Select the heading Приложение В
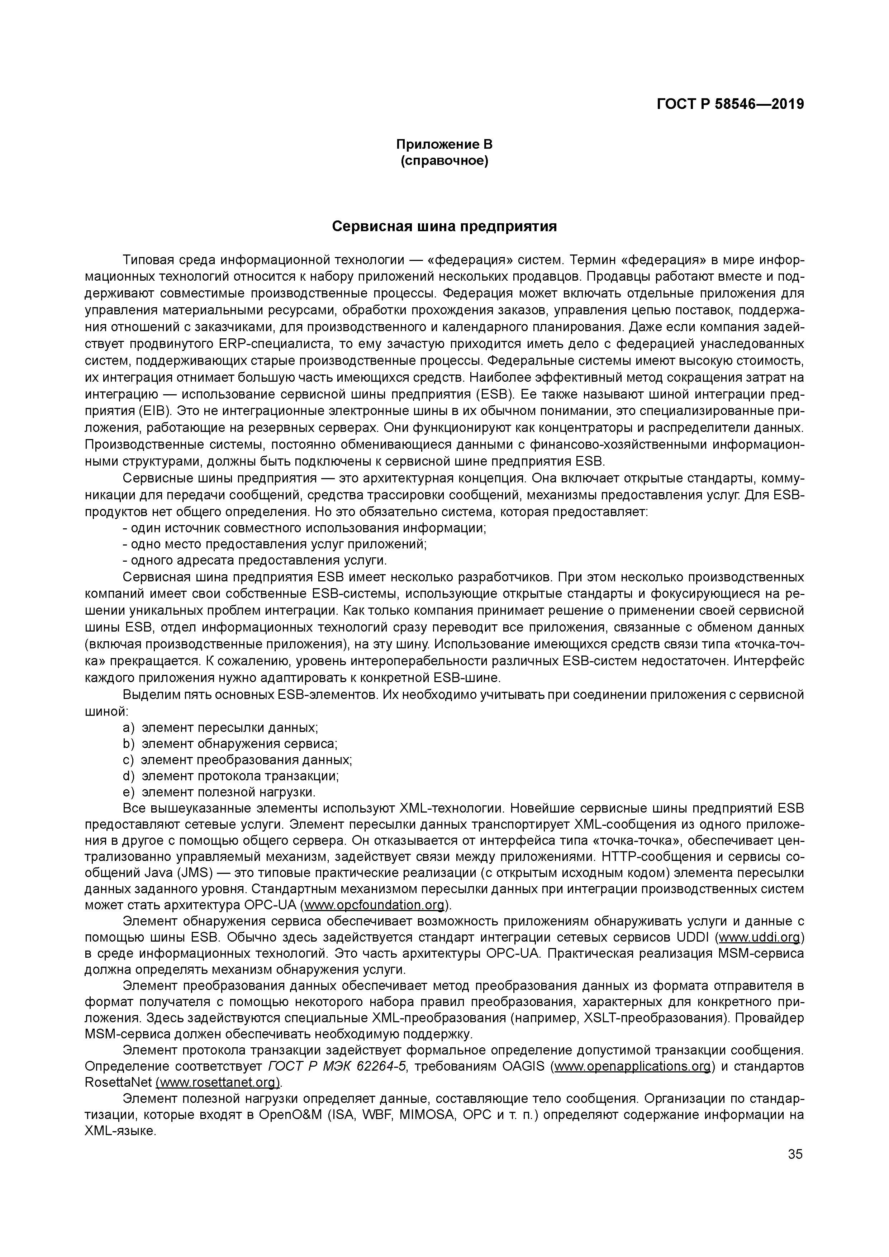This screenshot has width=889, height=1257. click(444, 144)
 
